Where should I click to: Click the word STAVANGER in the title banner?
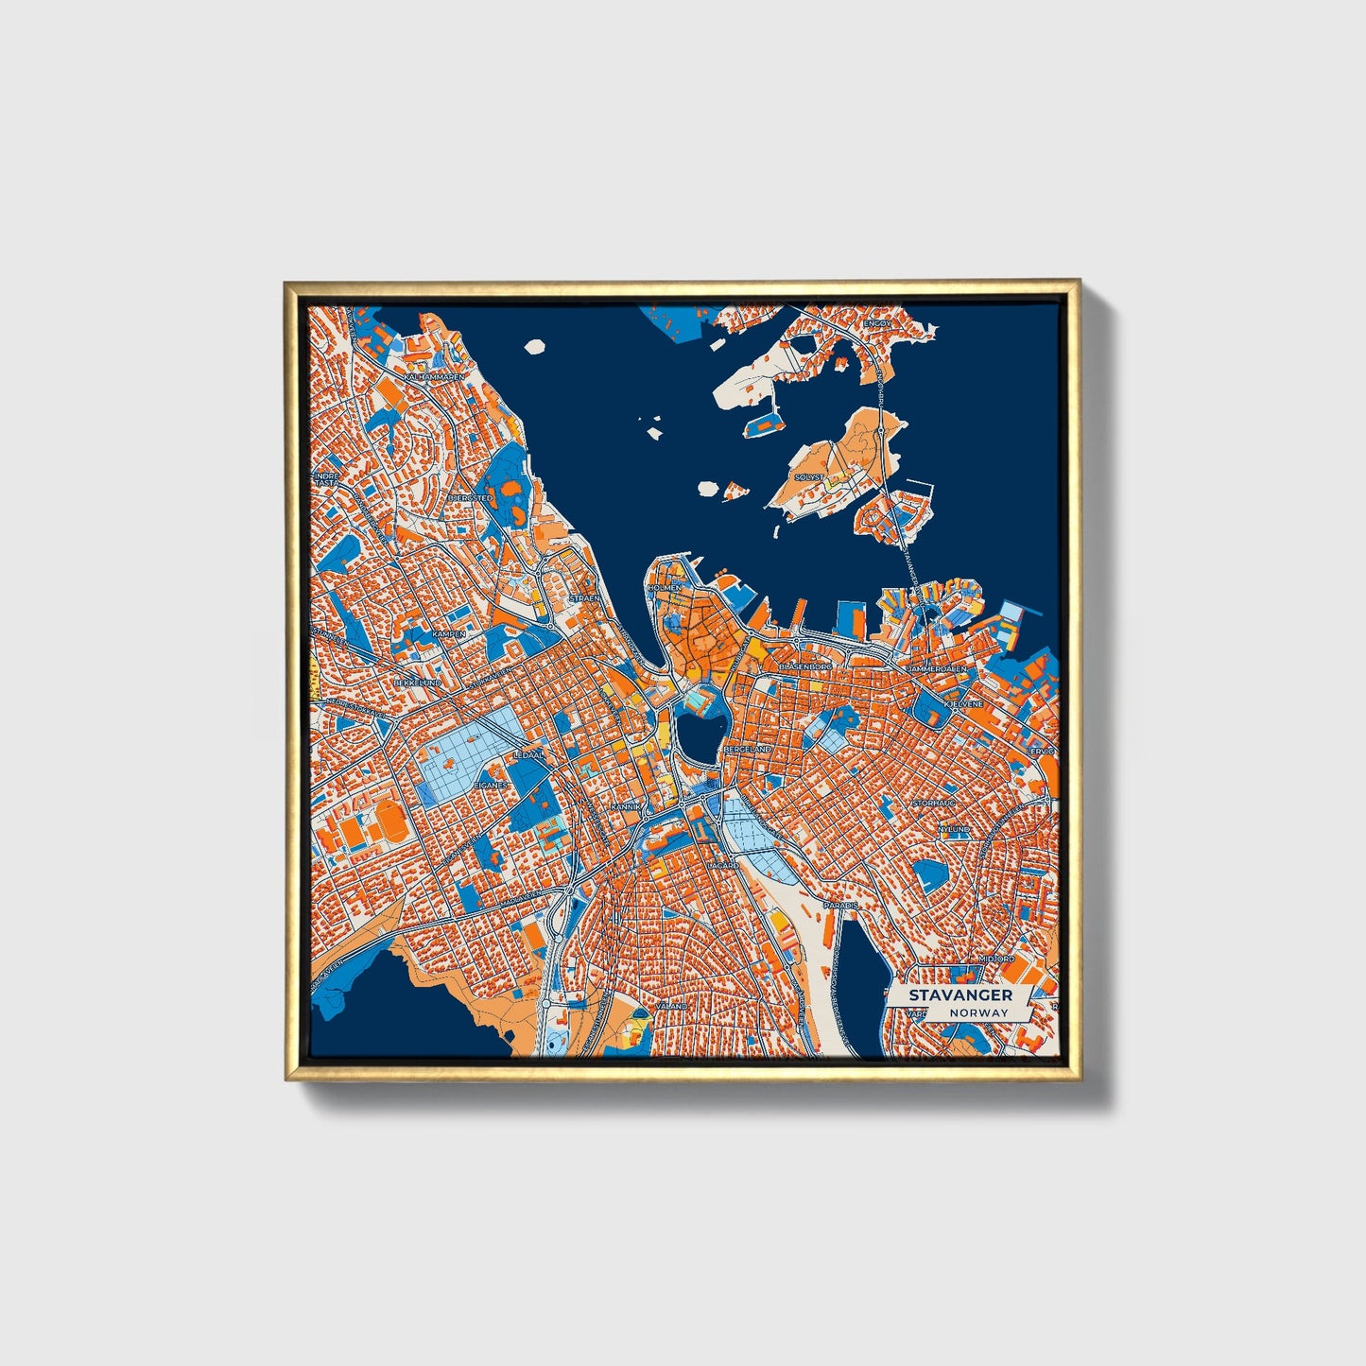[x=960, y=995]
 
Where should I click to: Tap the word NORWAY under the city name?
[x=979, y=1012]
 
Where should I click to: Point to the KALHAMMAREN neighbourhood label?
[x=434, y=376]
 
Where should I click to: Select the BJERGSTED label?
[x=472, y=497]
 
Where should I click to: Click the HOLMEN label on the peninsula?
[x=664, y=588]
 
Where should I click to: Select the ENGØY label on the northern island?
[x=876, y=323]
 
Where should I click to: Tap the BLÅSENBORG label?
[x=805, y=667]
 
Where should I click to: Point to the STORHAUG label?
[x=933, y=803]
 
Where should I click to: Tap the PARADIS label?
[x=840, y=905]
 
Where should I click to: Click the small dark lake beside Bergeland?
[x=698, y=736]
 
